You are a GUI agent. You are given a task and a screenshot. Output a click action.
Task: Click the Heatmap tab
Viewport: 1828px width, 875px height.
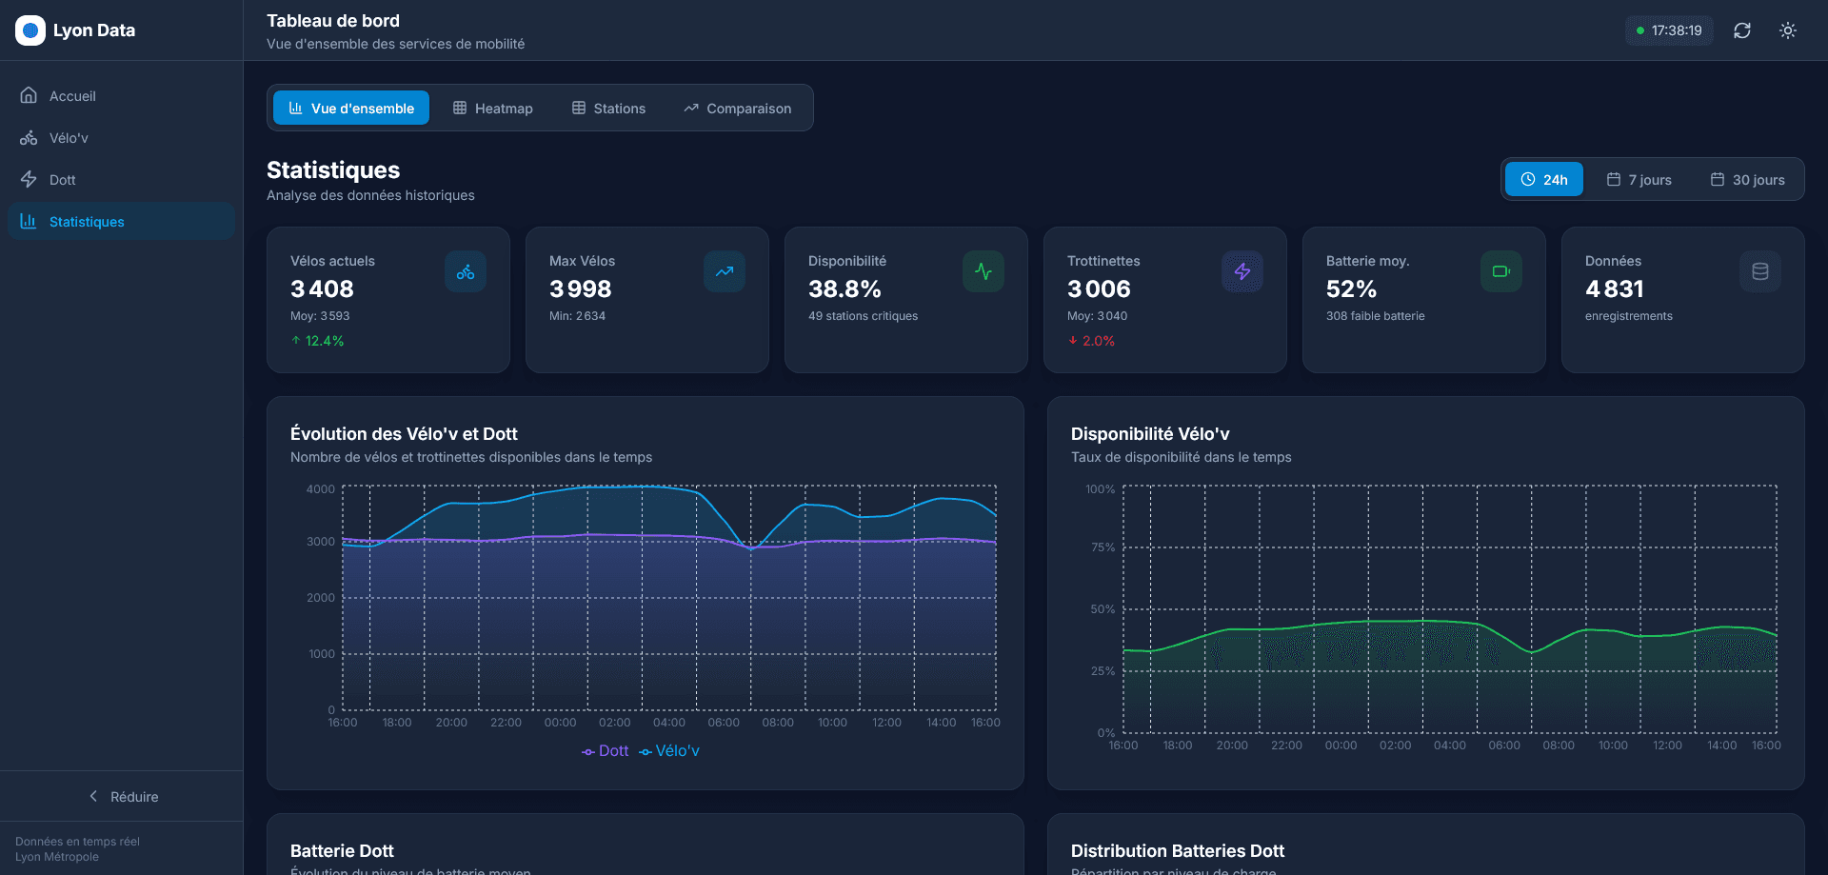pos(492,109)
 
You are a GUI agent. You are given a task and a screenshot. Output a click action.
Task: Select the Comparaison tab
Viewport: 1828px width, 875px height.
pos(737,109)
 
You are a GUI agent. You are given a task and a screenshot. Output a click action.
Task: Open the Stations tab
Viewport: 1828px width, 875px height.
pos(608,109)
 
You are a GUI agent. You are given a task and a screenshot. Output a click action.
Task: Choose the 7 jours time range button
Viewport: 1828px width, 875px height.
pos(1639,180)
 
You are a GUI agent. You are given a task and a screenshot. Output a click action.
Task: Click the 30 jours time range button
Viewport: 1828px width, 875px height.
pos(1747,180)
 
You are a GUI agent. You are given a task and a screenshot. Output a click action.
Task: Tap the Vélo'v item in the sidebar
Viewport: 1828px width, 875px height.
pos(69,138)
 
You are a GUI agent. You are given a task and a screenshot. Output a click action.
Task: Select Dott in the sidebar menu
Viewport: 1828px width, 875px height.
pos(62,180)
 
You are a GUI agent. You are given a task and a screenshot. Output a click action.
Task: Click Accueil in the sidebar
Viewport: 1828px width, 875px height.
pos(72,96)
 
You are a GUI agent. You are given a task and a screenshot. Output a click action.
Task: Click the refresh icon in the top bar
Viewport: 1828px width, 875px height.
pos(1742,30)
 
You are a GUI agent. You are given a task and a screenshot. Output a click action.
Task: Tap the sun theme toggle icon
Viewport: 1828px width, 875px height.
pos(1788,30)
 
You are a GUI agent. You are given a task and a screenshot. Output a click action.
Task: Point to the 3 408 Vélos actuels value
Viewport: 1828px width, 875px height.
pos(322,288)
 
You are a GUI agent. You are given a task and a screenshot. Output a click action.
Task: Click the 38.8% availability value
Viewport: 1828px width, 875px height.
pos(844,288)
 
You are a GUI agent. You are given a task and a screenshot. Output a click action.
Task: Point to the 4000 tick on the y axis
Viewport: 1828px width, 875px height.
pos(321,489)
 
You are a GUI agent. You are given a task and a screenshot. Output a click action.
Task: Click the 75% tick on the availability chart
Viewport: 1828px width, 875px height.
pos(1102,547)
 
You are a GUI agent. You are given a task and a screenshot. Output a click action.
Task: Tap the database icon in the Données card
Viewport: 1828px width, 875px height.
pos(1759,271)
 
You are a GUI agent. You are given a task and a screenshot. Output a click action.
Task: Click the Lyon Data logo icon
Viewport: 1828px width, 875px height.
pos(30,30)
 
